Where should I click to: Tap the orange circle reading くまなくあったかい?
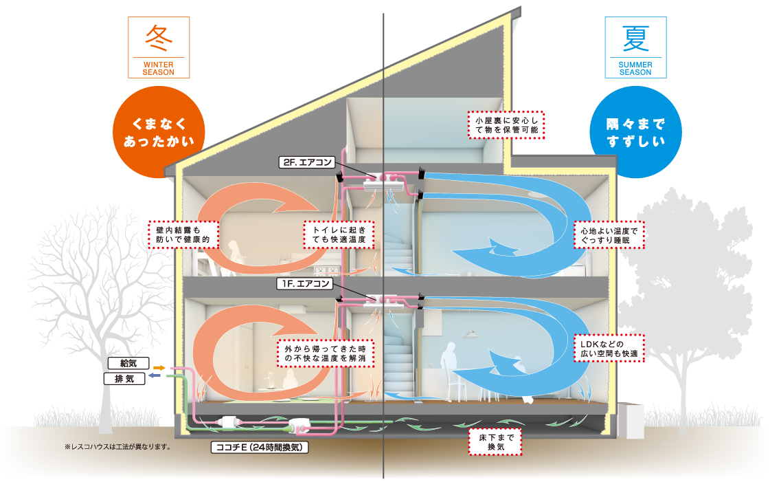coord(159,132)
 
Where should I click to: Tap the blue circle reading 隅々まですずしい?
coord(635,132)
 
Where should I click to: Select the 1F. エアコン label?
coord(305,283)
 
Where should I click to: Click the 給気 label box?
coord(128,363)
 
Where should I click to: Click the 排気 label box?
coord(124,379)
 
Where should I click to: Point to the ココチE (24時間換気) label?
coord(260,447)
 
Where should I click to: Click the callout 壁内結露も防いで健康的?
coord(183,235)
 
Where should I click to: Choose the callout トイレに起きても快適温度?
coord(339,235)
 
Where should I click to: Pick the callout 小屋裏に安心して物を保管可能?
coord(506,125)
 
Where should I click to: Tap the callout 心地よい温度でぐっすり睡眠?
coord(609,235)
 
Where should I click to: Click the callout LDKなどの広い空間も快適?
coord(609,349)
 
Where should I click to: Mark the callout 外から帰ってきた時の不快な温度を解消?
coord(326,353)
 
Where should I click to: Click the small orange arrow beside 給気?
coord(159,368)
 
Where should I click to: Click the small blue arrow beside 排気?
coord(155,375)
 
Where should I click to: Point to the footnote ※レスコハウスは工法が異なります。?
coord(117,447)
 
